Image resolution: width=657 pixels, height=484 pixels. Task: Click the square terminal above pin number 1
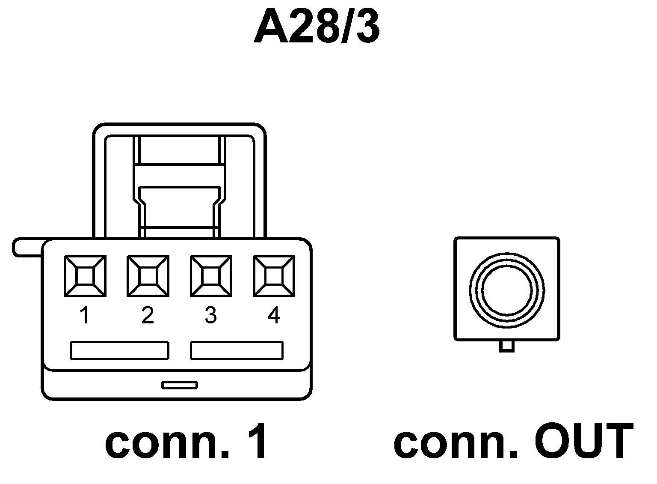click(85, 276)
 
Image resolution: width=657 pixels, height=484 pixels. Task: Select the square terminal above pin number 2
click(148, 276)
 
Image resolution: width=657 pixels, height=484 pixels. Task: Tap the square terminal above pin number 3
click(211, 276)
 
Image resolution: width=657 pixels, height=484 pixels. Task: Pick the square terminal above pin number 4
click(274, 276)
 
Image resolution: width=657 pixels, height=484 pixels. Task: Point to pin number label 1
click(85, 316)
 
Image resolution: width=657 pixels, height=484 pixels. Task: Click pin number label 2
click(148, 316)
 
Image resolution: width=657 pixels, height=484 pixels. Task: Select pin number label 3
click(210, 316)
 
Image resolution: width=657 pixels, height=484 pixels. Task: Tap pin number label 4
click(274, 316)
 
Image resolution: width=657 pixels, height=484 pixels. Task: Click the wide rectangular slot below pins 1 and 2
click(119, 350)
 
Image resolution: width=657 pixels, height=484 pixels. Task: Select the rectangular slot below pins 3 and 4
click(237, 350)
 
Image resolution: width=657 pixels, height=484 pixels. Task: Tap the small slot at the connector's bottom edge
click(180, 385)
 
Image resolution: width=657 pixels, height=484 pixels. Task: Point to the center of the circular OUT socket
click(507, 290)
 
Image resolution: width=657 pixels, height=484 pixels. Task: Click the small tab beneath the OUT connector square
click(507, 346)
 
